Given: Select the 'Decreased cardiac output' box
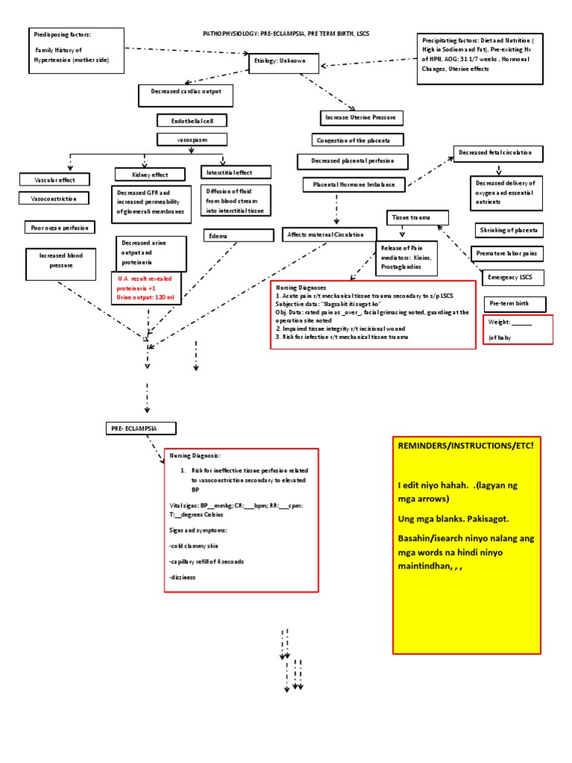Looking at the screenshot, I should [x=185, y=95].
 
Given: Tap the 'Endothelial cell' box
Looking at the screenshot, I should [x=191, y=120].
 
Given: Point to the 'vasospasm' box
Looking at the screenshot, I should [x=191, y=139].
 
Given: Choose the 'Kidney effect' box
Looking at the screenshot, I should [x=150, y=174].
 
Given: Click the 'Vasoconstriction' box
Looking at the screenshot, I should [x=54, y=199].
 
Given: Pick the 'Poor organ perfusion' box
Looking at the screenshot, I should [x=59, y=228].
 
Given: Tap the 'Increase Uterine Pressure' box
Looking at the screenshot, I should [x=362, y=118].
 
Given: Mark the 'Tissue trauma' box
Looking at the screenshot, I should [x=418, y=218].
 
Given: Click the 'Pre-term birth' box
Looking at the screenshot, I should [x=515, y=305].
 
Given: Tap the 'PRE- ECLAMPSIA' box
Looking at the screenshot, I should [x=140, y=428].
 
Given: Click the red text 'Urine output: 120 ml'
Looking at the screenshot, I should [x=144, y=298].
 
